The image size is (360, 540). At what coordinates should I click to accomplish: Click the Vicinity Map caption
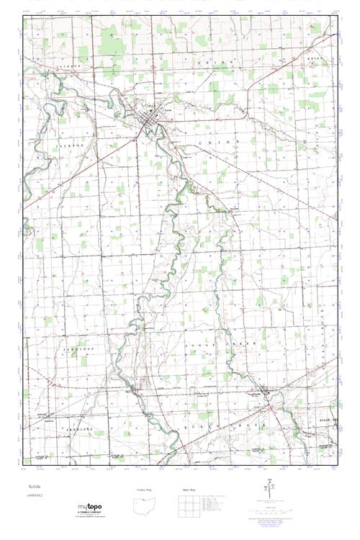point(145,490)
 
